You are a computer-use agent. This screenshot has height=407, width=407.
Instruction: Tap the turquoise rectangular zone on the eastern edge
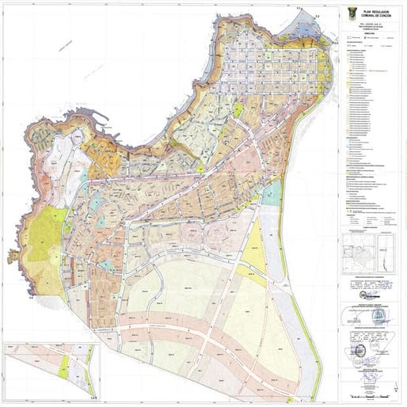click(x=272, y=192)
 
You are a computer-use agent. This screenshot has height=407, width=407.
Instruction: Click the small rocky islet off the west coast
click(x=13, y=256)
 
